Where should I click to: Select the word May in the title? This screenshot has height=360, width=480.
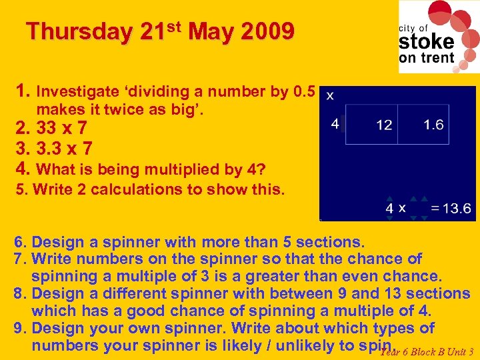208,31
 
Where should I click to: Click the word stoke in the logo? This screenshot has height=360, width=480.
427,41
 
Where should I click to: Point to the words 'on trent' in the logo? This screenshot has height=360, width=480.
427,57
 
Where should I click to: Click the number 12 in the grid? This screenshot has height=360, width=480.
384,125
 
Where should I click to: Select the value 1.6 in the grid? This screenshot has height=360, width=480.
433,125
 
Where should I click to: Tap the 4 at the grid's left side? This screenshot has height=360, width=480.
335,124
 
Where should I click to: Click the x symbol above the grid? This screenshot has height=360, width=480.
331,95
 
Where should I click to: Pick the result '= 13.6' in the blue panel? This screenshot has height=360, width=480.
451,208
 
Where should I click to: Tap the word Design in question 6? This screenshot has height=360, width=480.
55,241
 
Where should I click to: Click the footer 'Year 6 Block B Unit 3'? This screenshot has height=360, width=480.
427,352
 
